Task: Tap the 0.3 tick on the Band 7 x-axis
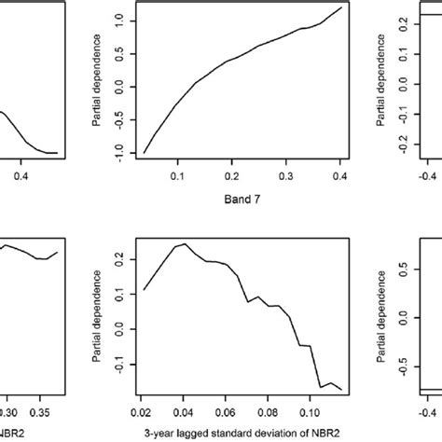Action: coord(286,173)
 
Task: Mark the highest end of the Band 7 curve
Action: coord(340,8)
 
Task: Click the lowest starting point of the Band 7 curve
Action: coord(144,153)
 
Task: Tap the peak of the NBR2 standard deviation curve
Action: coord(185,243)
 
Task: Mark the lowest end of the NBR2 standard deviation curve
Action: coord(341,390)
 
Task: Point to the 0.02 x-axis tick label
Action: coord(144,409)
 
